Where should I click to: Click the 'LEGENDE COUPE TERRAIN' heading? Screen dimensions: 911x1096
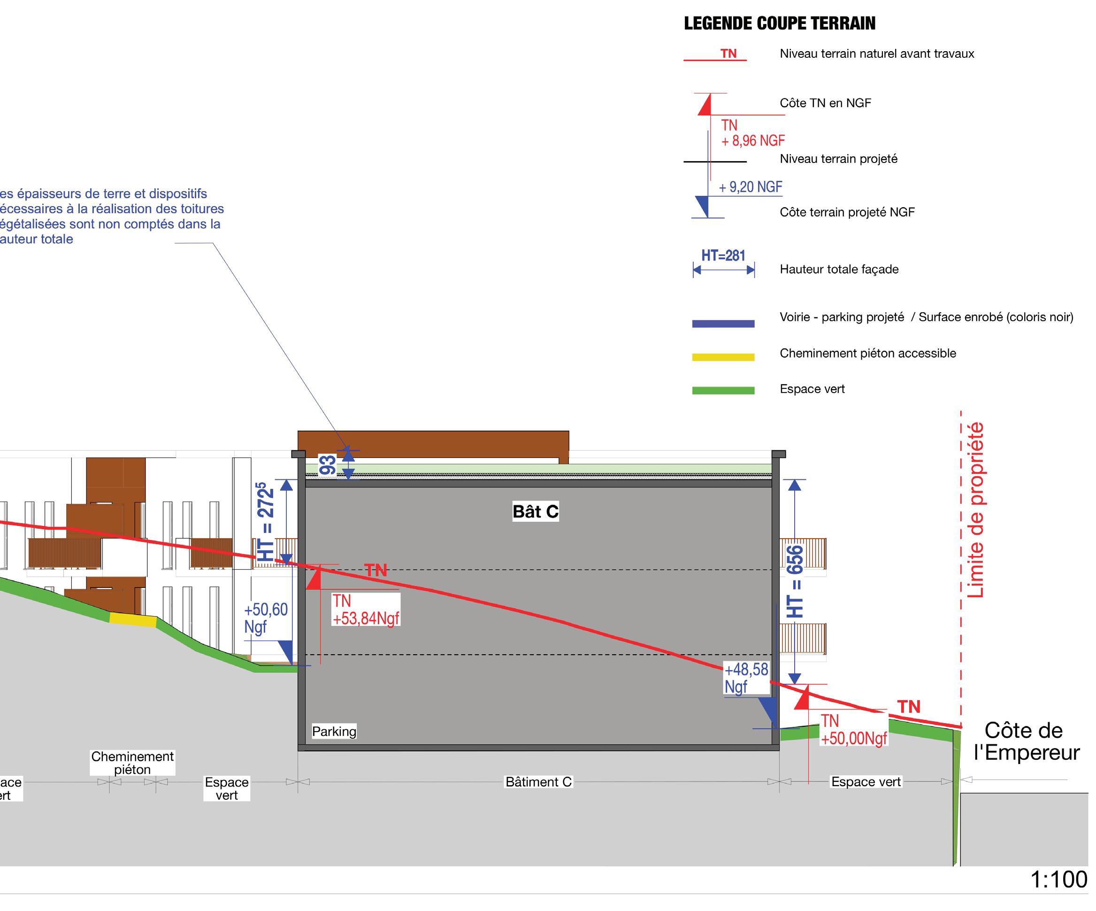(779, 23)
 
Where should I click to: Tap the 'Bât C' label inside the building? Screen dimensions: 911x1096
(536, 511)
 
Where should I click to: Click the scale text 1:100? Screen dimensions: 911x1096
(1059, 880)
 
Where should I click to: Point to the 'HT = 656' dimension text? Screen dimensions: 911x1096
(795, 581)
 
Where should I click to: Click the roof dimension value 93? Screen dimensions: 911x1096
(328, 466)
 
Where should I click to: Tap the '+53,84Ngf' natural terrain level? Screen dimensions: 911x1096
(366, 618)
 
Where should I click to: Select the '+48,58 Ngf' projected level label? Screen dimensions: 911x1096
(746, 678)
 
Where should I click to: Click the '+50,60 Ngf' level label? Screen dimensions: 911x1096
(266, 618)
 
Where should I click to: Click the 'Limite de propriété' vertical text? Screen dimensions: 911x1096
(975, 510)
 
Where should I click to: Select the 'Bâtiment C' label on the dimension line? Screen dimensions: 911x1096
(538, 781)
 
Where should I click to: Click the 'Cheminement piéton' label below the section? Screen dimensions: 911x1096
(132, 763)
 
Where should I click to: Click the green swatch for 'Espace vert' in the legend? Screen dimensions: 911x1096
(723, 390)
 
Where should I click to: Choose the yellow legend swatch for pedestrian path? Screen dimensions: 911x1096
(723, 357)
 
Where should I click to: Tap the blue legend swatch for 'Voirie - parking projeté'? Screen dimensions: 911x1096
(723, 324)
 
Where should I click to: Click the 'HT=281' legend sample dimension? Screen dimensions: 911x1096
(723, 256)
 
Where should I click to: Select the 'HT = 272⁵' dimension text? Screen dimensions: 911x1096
(266, 522)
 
